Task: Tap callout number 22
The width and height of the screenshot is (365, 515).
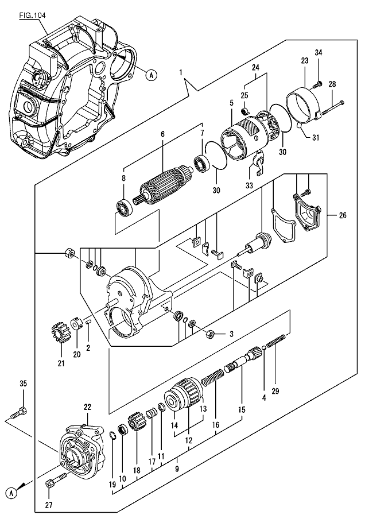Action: pos(87,407)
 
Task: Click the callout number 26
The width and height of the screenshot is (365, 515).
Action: pos(343,216)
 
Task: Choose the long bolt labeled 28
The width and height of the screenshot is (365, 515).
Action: pos(331,109)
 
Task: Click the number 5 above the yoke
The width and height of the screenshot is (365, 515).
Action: pos(231,104)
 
